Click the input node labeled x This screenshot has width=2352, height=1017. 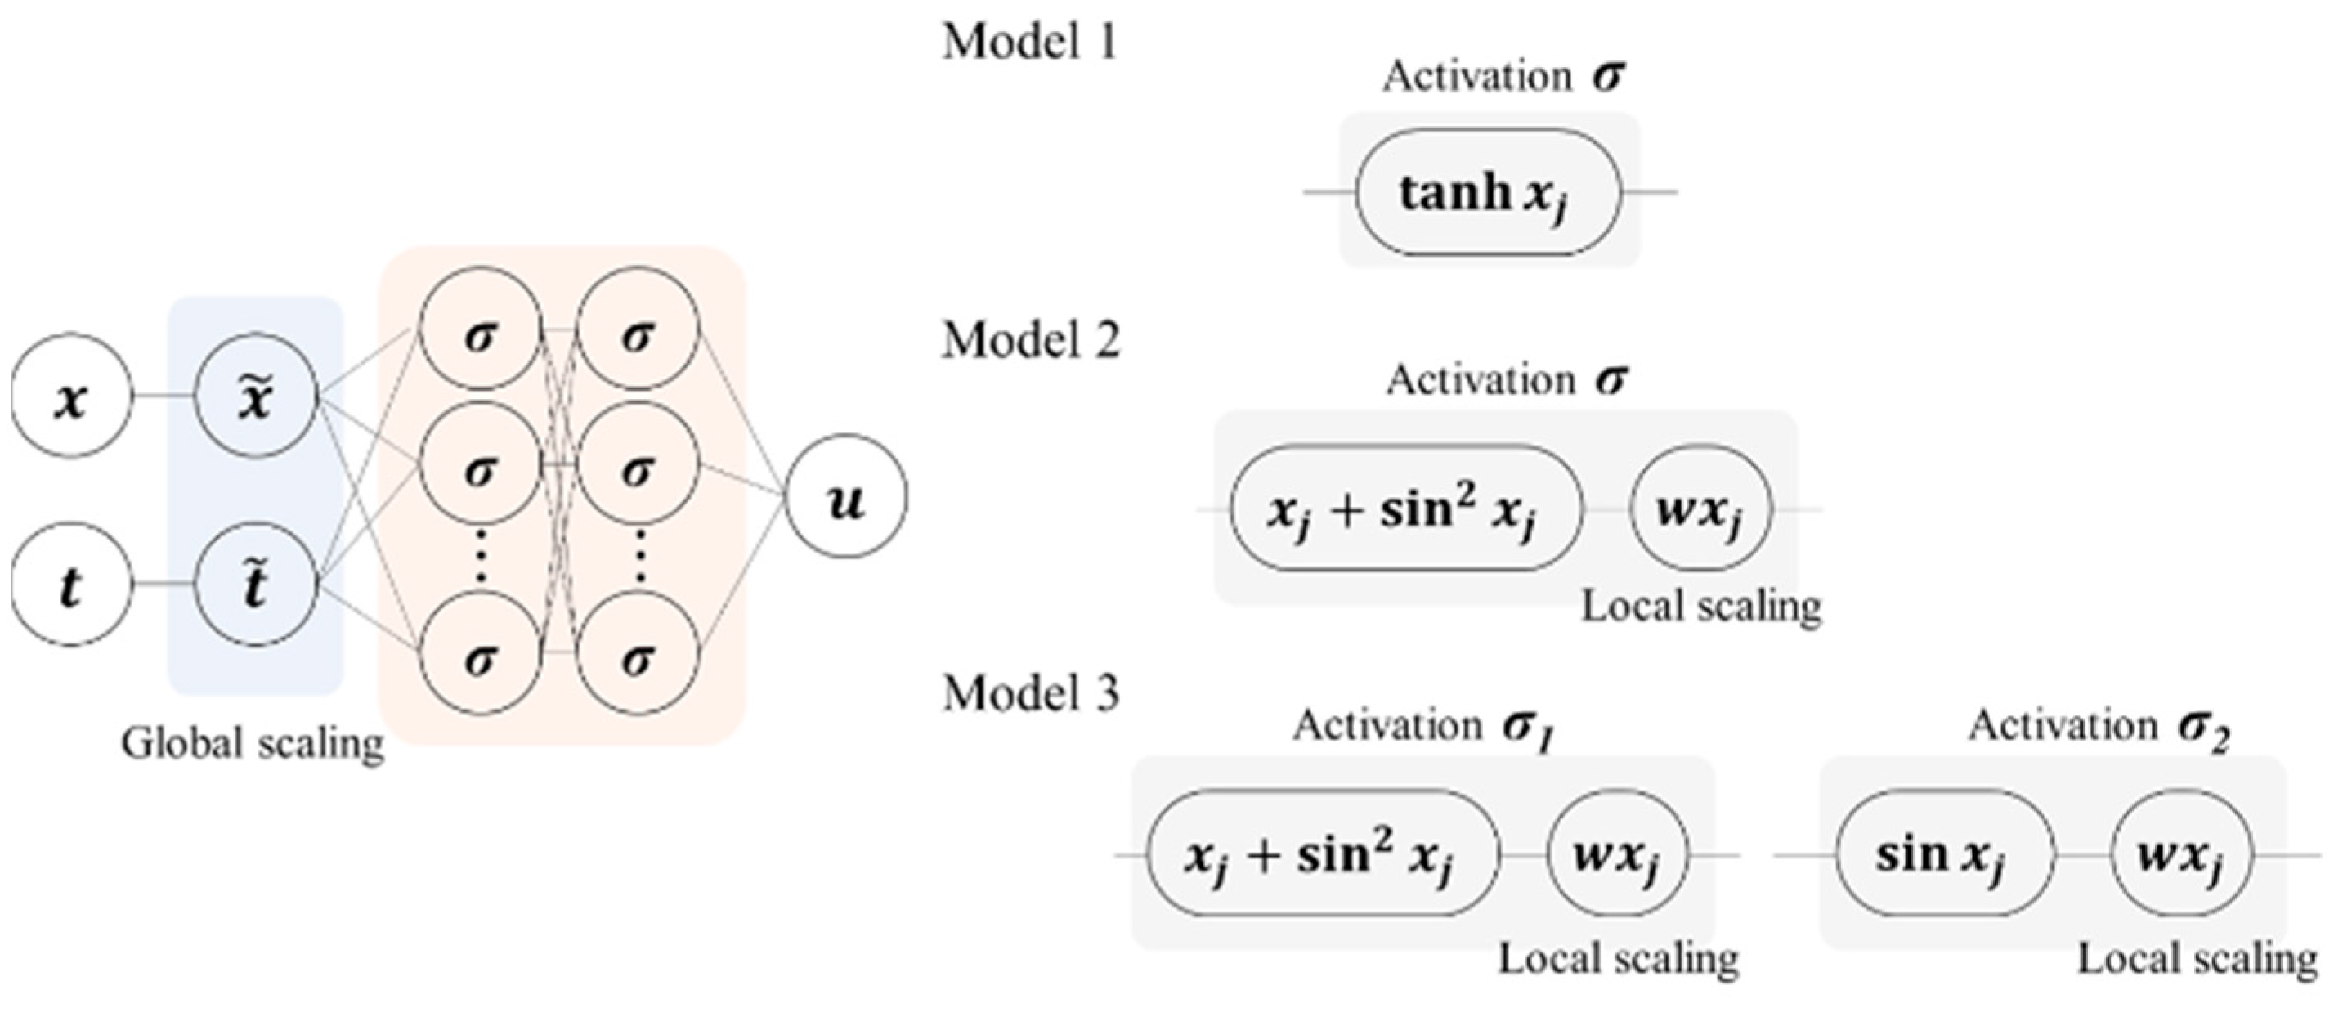pos(71,396)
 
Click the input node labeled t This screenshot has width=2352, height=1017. pos(71,585)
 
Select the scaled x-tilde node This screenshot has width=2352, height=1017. pos(256,396)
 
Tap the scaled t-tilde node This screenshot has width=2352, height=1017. pos(256,585)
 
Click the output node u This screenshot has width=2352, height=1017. pos(846,496)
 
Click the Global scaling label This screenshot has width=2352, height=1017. pos(253,743)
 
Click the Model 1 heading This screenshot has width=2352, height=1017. pos(1030,42)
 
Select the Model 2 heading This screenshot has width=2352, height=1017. pos(1030,341)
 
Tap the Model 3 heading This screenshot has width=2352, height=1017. pos(1030,693)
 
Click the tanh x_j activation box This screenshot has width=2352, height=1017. pos(1487,193)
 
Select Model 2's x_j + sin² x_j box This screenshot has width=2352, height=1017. pos(1404,509)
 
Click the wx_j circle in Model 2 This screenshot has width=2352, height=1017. pos(1700,509)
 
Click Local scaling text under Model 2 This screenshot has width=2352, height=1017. pos(1701,606)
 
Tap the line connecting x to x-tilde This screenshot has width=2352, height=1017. pos(164,396)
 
